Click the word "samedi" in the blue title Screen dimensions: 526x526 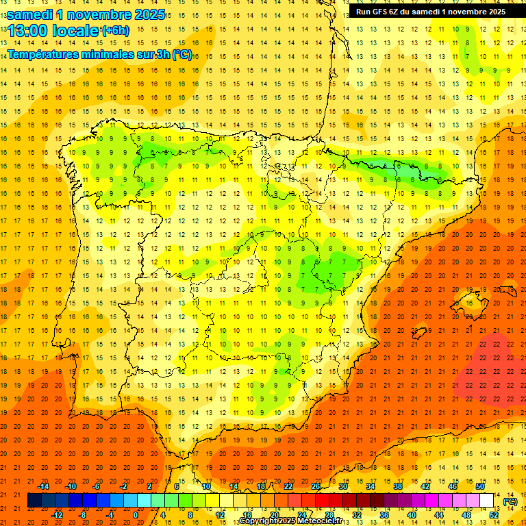31,14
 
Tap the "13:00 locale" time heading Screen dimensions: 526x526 53,30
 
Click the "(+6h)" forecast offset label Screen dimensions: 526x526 114,30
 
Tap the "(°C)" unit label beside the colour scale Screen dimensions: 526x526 510,502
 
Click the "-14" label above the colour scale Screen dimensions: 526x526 43,486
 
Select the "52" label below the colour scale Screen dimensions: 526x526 494,515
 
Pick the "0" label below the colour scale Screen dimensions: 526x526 136,515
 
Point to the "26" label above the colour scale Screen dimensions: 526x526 316,486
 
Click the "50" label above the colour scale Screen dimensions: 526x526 480,486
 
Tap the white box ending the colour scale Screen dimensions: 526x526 487,501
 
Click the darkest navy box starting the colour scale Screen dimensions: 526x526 35,501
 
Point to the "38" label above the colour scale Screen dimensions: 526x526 398,486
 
